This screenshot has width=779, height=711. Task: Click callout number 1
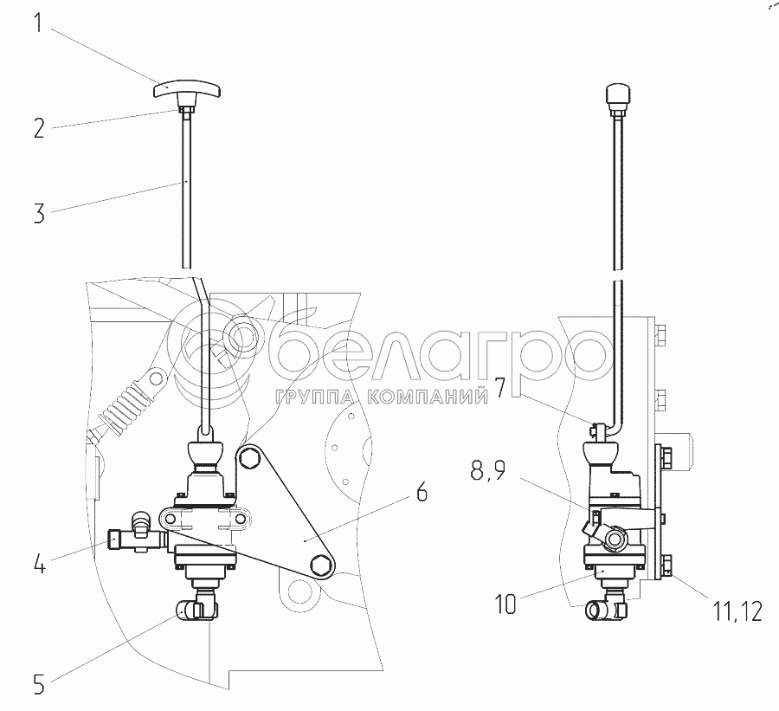coord(38,23)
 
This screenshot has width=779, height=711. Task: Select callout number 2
coord(39,128)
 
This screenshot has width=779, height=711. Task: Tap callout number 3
coord(39,213)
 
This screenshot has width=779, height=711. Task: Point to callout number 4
coord(39,565)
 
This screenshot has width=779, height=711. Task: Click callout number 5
coord(39,684)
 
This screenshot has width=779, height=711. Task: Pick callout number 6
coord(421,492)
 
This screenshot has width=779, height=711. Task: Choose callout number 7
coord(499,388)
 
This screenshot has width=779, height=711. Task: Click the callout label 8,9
coord(488,470)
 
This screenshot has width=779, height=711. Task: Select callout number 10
coord(505,604)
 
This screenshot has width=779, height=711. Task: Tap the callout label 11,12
coord(737,611)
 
